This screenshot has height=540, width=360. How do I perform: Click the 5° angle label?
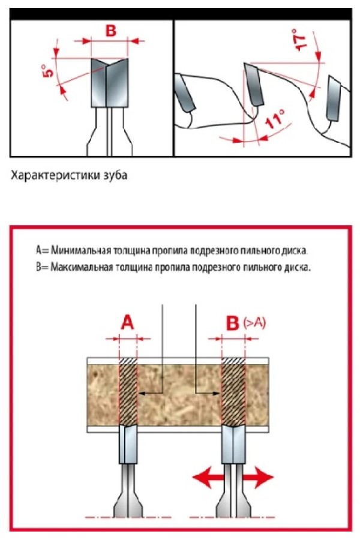[49, 71]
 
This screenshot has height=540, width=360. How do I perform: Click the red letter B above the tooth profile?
[110, 31]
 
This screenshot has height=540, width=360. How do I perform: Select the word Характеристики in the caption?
[56, 175]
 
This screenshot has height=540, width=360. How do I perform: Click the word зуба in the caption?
[115, 175]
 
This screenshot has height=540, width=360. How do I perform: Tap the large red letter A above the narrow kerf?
[127, 323]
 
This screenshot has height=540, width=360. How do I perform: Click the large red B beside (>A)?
[233, 323]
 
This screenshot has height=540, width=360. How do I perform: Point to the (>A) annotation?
[254, 323]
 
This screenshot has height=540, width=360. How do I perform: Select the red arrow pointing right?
[259, 477]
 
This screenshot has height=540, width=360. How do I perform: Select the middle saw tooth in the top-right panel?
[254, 84]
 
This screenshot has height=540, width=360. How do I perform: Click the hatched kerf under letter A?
[128, 392]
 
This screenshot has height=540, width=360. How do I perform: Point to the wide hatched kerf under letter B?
[233, 392]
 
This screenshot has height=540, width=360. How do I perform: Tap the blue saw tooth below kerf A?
[128, 444]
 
